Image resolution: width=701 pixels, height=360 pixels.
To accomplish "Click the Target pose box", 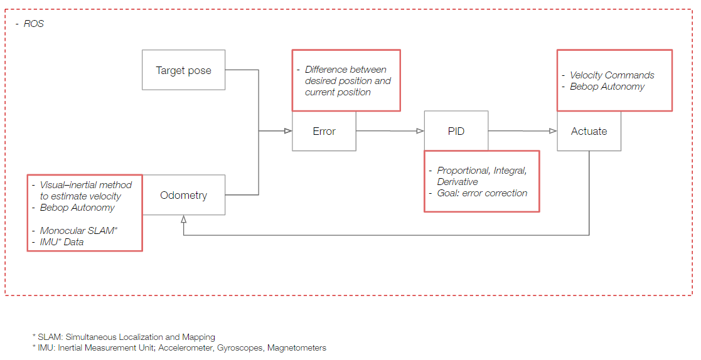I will click(183, 70).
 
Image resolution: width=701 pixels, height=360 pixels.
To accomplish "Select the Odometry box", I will click(183, 195).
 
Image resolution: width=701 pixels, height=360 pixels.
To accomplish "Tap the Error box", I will click(324, 131).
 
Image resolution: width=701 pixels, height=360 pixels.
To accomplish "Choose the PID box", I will click(456, 131).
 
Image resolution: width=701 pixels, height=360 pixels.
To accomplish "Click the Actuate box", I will click(589, 131).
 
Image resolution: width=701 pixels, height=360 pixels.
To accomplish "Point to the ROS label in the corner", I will click(33, 24).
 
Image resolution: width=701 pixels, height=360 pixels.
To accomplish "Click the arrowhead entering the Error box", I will click(288, 131).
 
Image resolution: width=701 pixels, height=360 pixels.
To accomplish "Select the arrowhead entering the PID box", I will click(420, 131).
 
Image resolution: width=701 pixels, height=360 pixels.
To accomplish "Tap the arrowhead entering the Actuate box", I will click(553, 131).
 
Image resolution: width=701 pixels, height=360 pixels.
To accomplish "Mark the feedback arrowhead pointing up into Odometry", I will click(183, 219).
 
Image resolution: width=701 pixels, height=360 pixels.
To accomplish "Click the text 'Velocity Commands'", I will click(612, 75).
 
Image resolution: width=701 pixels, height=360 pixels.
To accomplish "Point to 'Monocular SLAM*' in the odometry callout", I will click(78, 231).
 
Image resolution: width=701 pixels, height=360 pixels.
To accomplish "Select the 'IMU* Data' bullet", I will click(62, 242).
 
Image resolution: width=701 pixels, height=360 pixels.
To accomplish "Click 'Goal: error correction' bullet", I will click(482, 193).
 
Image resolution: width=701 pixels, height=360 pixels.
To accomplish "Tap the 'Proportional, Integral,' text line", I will click(486, 171).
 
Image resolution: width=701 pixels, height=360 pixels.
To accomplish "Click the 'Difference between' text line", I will click(345, 70).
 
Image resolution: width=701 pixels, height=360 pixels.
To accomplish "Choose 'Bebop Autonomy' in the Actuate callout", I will click(607, 87).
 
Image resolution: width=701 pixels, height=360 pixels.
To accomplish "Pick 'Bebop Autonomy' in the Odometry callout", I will click(77, 208).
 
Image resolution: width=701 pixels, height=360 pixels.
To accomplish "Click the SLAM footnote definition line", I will click(123, 337).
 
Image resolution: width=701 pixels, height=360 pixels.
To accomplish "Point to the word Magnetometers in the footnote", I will click(296, 347).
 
